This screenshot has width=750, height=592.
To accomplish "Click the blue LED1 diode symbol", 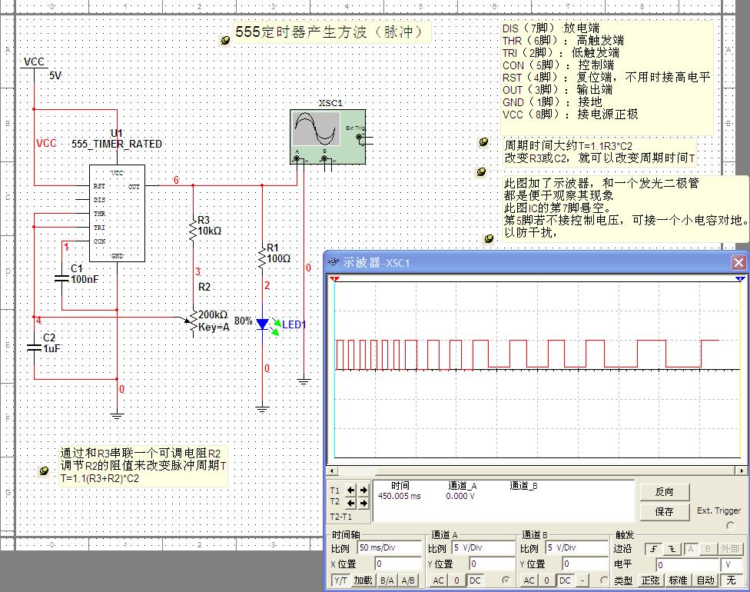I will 263,324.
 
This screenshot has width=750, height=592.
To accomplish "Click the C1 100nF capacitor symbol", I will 62,278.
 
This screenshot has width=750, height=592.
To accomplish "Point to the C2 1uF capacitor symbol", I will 34,348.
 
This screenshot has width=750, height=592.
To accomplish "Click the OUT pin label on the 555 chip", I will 134,186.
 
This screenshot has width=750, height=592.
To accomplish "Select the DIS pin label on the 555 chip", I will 99,200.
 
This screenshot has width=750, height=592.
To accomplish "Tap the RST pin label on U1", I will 99,186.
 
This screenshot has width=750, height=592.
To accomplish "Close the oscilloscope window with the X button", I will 738,262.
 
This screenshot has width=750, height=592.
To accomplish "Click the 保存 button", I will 664,511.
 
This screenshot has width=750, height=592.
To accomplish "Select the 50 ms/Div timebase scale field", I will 389,548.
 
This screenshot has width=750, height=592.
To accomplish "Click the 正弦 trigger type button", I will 650,580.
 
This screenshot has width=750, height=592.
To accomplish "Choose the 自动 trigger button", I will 705,580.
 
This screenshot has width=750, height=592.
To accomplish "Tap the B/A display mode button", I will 387,580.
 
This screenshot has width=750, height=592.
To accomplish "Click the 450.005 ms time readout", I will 399,496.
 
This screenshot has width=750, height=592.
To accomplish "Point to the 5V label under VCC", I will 55,76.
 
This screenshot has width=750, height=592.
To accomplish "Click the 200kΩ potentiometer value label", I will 213,314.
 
